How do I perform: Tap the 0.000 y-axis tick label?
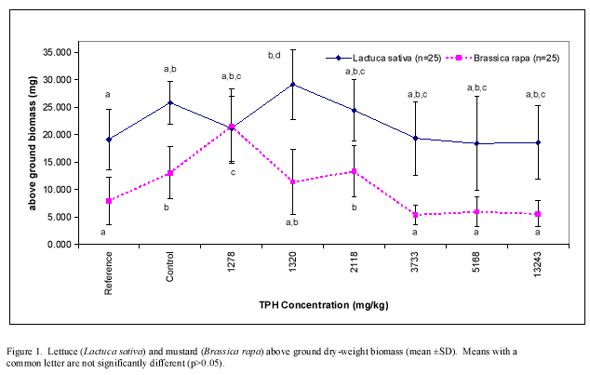[x=61, y=245]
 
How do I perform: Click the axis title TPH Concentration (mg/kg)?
[x=322, y=304]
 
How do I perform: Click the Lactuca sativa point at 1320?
[x=293, y=84]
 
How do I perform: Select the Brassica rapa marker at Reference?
[x=110, y=201]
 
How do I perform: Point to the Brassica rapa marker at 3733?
[x=414, y=215]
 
